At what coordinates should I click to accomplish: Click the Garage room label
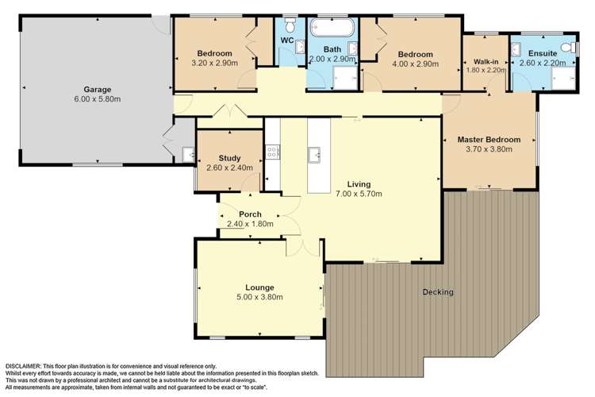pyautogui.click(x=98, y=90)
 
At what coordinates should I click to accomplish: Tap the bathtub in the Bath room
pyautogui.click(x=332, y=27)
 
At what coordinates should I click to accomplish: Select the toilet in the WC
pyautogui.click(x=290, y=26)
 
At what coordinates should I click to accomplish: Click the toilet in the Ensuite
pyautogui.click(x=570, y=47)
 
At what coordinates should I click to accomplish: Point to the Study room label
pyautogui.click(x=229, y=158)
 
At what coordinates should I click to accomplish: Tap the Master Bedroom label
pyautogui.click(x=489, y=140)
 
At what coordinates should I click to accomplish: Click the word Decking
pyautogui.click(x=438, y=291)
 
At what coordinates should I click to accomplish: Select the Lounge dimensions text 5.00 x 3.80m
pyautogui.click(x=259, y=297)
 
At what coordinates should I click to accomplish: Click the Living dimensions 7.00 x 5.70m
pyautogui.click(x=359, y=194)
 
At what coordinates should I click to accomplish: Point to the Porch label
pyautogui.click(x=250, y=214)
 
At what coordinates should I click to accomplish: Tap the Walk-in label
pyautogui.click(x=486, y=62)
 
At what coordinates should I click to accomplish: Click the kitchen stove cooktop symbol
pyautogui.click(x=272, y=152)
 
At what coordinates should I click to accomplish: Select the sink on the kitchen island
pyautogui.click(x=314, y=155)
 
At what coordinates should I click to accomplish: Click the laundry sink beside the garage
pyautogui.click(x=188, y=155)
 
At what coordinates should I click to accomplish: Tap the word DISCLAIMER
pyautogui.click(x=23, y=366)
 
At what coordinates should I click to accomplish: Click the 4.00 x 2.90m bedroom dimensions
pyautogui.click(x=416, y=64)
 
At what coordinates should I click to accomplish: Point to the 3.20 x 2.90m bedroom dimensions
pyautogui.click(x=215, y=63)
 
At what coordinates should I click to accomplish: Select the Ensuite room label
pyautogui.click(x=543, y=53)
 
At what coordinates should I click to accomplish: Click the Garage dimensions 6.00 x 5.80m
pyautogui.click(x=98, y=99)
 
